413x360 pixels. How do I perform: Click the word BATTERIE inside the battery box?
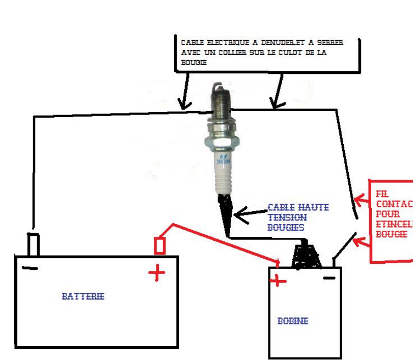pos(83,296)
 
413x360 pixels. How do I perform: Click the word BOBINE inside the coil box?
pos(293,321)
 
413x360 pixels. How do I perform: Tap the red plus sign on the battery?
pos(156,273)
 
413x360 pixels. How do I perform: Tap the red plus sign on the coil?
pos(278,280)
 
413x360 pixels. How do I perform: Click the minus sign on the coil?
pos(329,278)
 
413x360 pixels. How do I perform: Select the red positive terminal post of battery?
pos(159,246)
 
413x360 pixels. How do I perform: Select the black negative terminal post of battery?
pos(33,244)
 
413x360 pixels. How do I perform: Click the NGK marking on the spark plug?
pos(223,161)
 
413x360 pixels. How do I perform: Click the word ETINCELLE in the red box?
pos(392,224)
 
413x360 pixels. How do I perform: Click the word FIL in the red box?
pos(381,194)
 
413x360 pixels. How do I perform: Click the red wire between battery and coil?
pos(224,242)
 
